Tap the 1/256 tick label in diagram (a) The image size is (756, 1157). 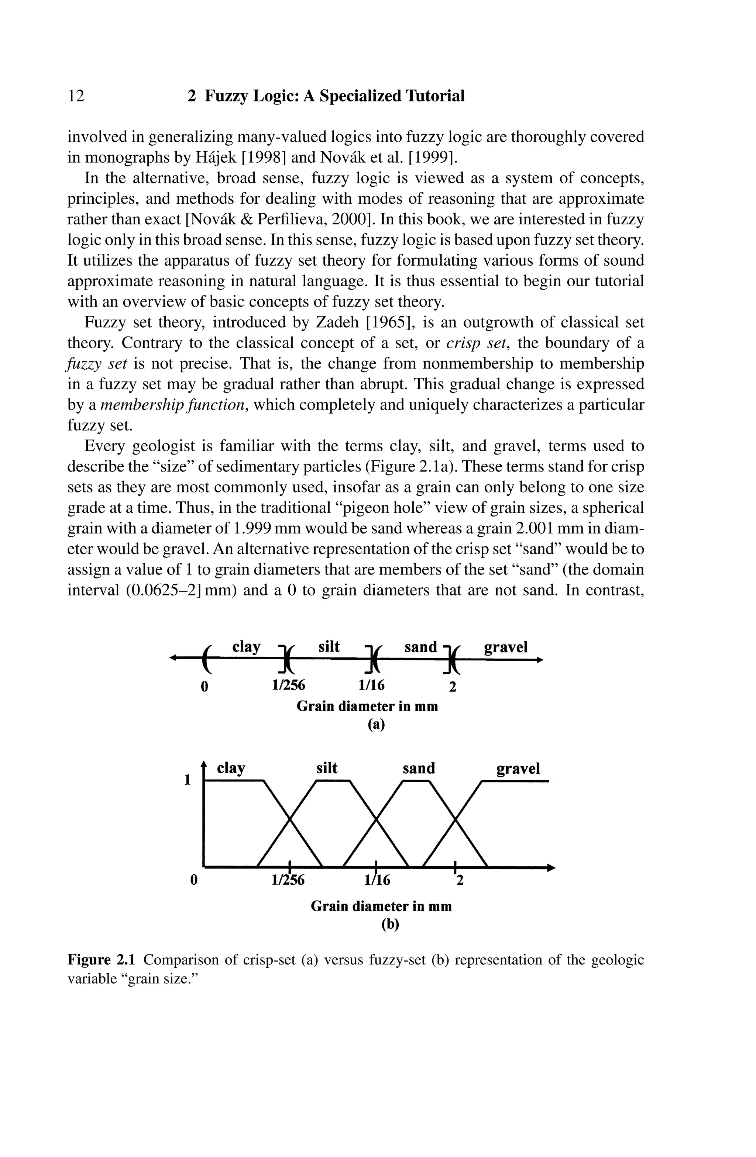(289, 685)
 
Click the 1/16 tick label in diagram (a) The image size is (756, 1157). (371, 685)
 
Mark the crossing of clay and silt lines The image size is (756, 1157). (290, 819)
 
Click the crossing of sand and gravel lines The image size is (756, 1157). (456, 819)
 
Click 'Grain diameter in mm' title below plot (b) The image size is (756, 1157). (381, 906)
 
